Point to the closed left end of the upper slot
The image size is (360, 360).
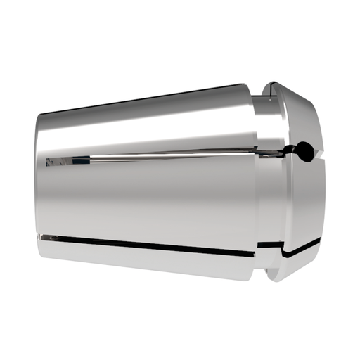click(47, 162)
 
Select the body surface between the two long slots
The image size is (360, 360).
click(155, 200)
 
